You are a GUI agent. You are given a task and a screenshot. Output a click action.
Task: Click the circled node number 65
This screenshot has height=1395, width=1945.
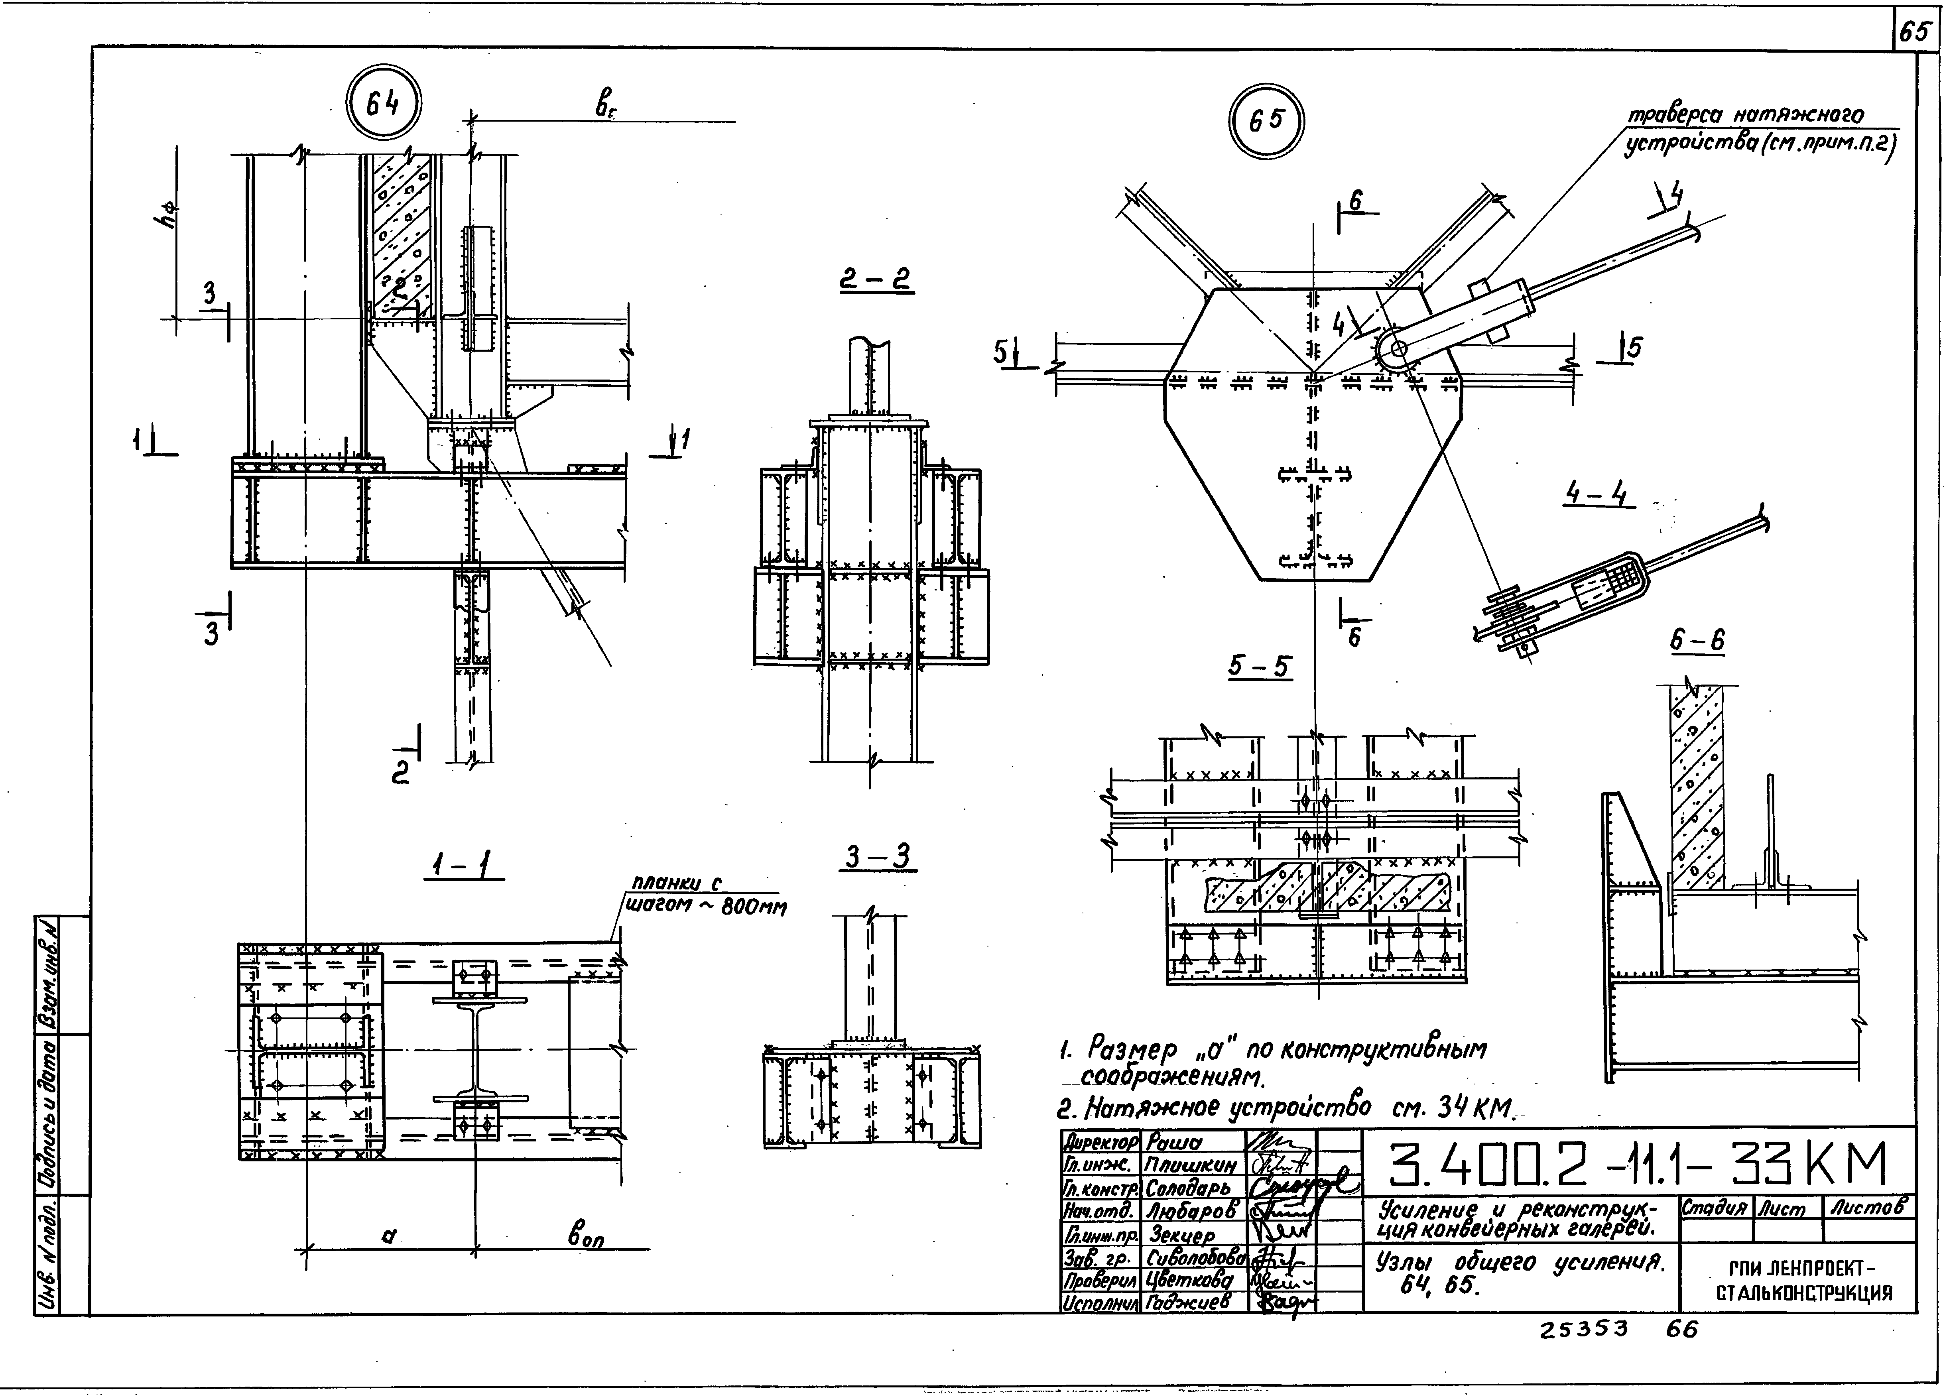point(1266,120)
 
